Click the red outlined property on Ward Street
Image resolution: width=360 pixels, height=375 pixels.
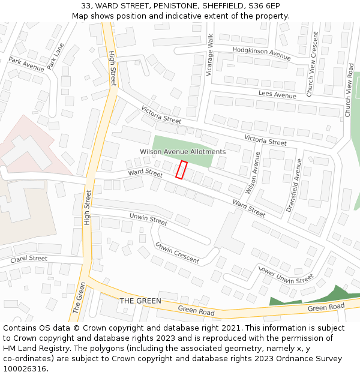point(181,170)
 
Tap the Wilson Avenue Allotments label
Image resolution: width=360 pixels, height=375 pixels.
point(182,152)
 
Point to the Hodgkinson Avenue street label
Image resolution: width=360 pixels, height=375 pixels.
point(261,53)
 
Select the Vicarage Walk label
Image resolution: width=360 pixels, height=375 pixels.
point(210,55)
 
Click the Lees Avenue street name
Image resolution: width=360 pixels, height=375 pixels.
point(277,95)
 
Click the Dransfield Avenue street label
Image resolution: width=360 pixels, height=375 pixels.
point(293,185)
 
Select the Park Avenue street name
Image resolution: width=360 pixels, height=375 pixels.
point(26,64)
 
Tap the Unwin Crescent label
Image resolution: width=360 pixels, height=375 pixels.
point(177,253)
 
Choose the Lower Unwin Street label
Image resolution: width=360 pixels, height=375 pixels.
point(286,274)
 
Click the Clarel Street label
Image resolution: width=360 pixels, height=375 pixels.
point(29,259)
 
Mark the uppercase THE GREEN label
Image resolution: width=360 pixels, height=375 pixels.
point(140,301)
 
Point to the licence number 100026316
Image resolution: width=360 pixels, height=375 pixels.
point(25,368)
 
